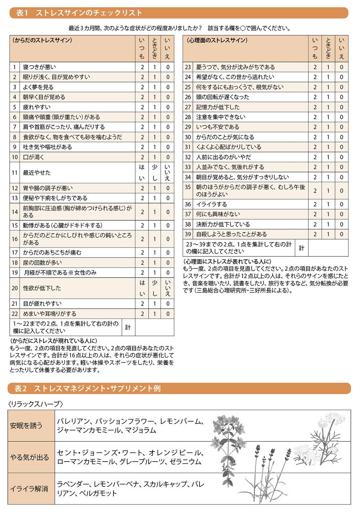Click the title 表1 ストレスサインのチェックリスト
click(80, 13)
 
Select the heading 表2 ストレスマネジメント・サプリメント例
click(87, 389)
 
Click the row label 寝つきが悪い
click(40, 67)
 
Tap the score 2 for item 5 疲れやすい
click(142, 107)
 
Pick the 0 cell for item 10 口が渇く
click(167, 157)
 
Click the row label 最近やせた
click(37, 173)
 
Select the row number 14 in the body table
click(14, 212)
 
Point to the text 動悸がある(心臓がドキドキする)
click(63, 225)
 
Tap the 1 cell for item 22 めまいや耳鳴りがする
click(155, 314)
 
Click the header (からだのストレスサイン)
click(42, 40)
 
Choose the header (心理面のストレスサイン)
click(217, 40)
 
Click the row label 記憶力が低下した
click(217, 107)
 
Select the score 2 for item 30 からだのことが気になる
click(315, 137)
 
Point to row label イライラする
click(211, 204)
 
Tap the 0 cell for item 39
click(341, 234)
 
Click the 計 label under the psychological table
click(302, 248)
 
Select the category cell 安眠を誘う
click(26, 426)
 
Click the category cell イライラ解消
click(29, 489)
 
